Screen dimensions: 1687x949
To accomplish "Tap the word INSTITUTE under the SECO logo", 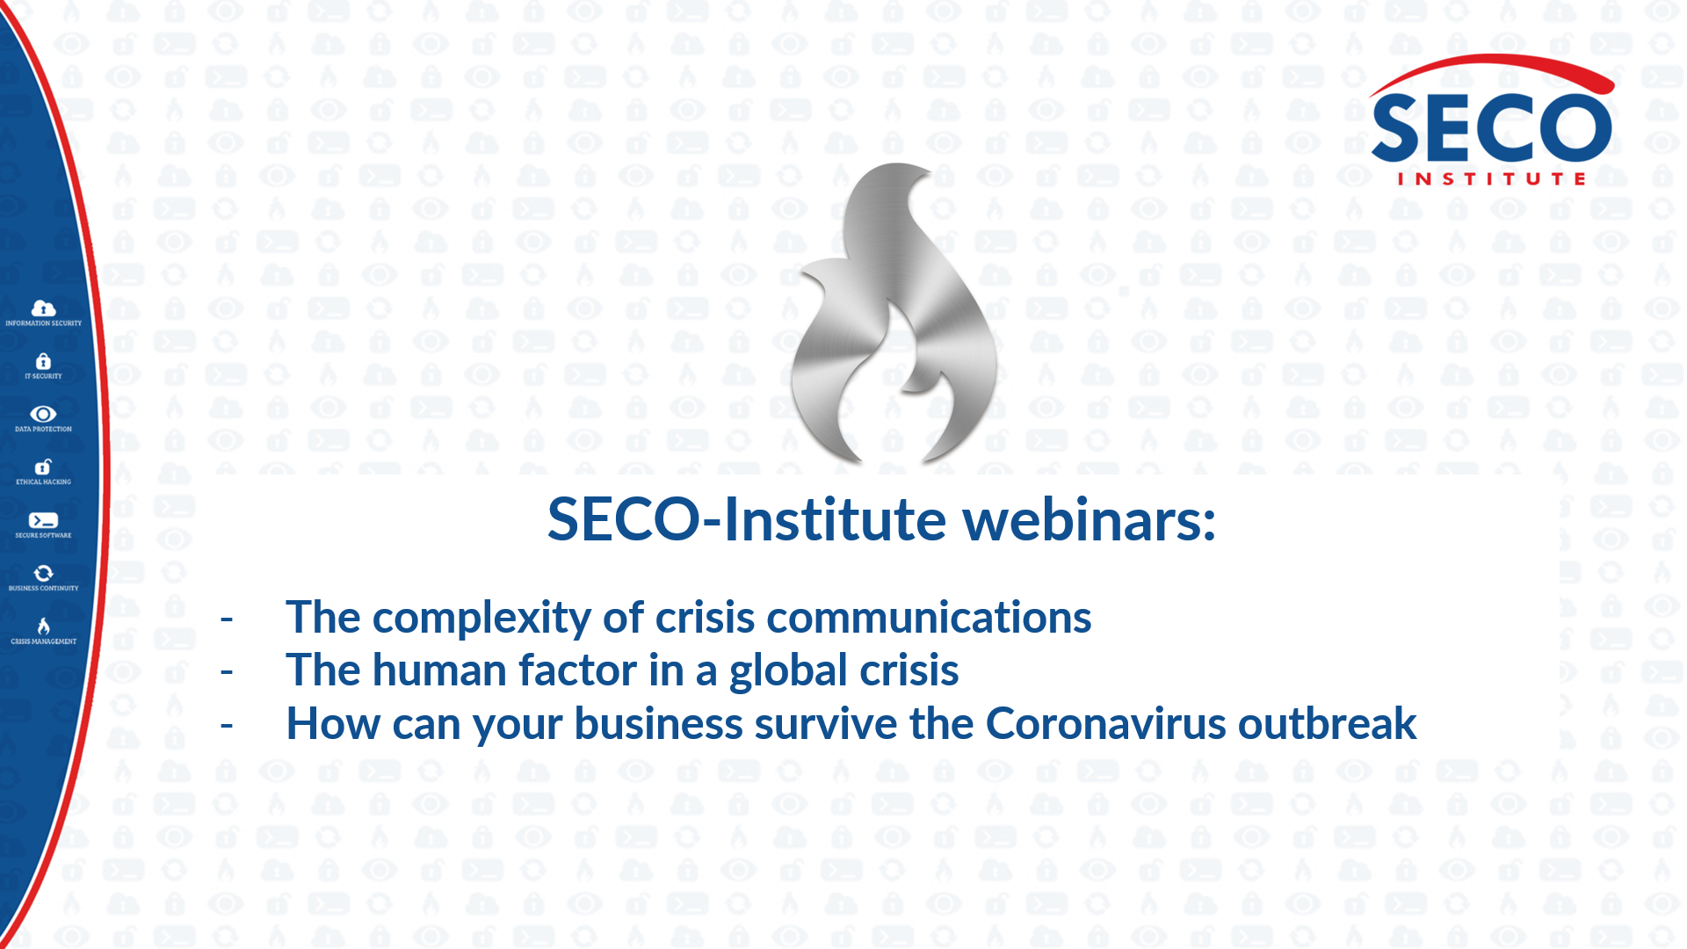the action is click(1492, 179).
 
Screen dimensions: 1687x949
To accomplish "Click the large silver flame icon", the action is click(894, 314).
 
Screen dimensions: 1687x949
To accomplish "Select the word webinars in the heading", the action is click(1090, 519).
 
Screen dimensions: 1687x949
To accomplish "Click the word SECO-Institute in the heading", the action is click(747, 519).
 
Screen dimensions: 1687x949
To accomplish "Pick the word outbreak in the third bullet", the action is click(1328, 724).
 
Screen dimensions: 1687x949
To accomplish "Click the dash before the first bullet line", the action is click(227, 619).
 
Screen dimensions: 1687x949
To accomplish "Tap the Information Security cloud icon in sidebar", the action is click(43, 308).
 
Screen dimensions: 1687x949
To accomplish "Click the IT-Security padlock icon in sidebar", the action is click(43, 361).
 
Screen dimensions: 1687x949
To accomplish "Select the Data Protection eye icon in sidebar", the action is click(43, 414).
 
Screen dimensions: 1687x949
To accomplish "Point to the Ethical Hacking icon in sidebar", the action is click(43, 467).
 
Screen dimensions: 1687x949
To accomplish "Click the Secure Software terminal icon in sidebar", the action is click(43, 520).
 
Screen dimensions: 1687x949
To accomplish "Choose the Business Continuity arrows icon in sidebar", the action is click(43, 573).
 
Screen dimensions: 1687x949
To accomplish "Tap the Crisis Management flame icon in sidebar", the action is click(43, 626).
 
